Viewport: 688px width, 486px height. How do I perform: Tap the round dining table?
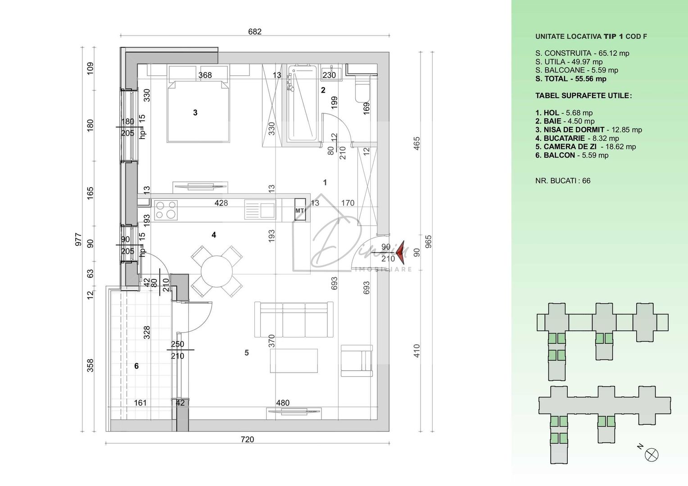[x=217, y=271]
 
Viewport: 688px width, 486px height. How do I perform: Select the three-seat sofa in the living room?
[x=294, y=320]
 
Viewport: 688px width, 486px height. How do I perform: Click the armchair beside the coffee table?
[x=357, y=360]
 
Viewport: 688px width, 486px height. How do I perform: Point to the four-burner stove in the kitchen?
[x=166, y=210]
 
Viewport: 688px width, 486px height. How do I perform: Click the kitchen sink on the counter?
[x=260, y=210]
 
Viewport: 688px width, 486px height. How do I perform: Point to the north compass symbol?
[x=652, y=454]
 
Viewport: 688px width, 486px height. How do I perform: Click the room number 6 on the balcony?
[x=136, y=366]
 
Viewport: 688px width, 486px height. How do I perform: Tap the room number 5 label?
[x=247, y=353]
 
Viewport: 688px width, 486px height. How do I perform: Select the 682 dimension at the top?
[x=255, y=31]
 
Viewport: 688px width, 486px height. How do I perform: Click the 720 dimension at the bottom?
[x=247, y=439]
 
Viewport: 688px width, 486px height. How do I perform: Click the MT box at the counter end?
[x=300, y=210]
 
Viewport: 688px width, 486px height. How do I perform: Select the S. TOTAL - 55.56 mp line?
[x=570, y=79]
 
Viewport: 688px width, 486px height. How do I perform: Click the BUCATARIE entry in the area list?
[x=577, y=138]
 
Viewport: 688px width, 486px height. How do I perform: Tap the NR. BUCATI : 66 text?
[x=563, y=181]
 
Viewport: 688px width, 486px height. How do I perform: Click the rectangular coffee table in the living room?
[x=294, y=360]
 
